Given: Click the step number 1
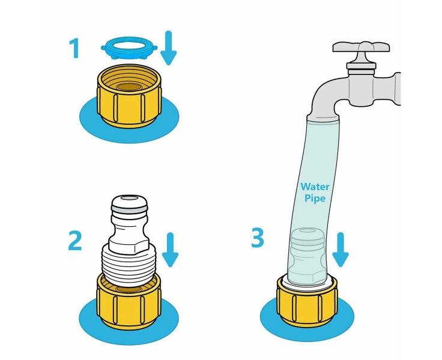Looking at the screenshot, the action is point(74,48).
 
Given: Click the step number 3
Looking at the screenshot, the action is point(258,238).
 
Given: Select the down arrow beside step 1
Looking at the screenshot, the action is point(168,48).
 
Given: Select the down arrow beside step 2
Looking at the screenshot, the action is point(170,250).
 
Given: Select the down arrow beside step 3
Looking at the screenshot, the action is point(341,250).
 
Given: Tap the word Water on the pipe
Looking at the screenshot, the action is point(315,187).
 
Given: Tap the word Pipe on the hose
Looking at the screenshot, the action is point(315,199).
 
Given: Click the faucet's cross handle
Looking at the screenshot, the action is point(361,47).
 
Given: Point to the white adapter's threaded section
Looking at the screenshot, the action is point(129,265).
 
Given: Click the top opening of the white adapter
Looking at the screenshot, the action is point(129,198).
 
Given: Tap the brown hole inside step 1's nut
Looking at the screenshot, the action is point(129,87).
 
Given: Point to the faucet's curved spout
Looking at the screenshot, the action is point(327,97).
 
